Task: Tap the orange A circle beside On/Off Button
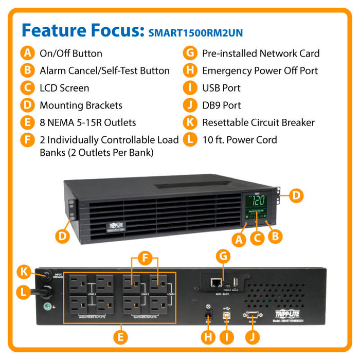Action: tap(26, 53)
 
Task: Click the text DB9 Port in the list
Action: tap(221, 105)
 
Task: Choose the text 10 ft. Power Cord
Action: tap(239, 140)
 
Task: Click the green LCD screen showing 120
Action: tap(257, 200)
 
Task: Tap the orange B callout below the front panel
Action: tap(276, 236)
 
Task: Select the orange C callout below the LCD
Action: tap(259, 238)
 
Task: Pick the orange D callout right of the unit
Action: tap(295, 195)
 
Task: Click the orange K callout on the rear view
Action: tap(23, 271)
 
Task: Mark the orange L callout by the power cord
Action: tap(22, 293)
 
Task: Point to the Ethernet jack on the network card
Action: tap(216, 281)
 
